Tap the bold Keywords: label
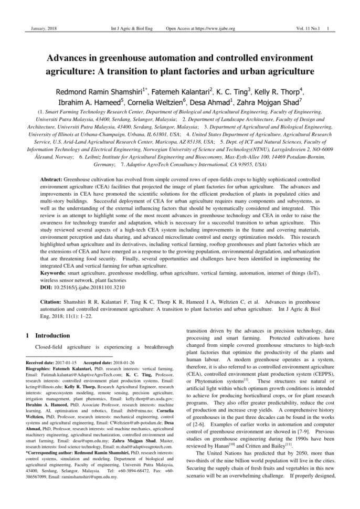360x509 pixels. (x=53, y=274)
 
